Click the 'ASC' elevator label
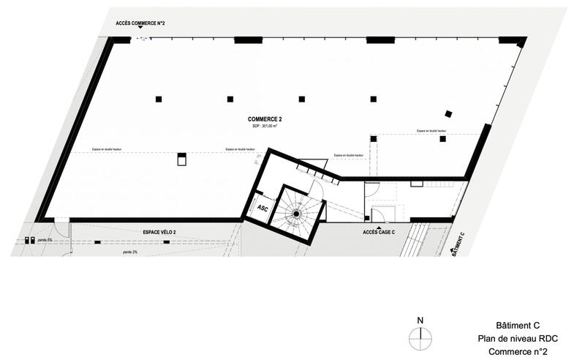tap(262, 209)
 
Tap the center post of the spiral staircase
tap(297, 214)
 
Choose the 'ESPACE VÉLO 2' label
tap(159, 232)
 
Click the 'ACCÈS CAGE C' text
tap(378, 232)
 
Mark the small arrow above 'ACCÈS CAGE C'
tap(378, 226)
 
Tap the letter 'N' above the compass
tap(420, 320)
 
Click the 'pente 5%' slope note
tap(45, 240)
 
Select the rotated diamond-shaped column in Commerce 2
tap(449, 113)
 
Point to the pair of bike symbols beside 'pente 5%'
tap(30, 240)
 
